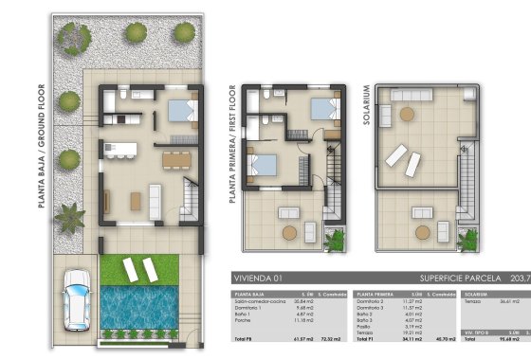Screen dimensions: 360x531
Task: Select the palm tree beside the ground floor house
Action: click(x=70, y=219)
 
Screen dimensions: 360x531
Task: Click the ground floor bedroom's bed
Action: click(x=177, y=112)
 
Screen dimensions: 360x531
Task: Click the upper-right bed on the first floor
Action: click(x=318, y=110)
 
